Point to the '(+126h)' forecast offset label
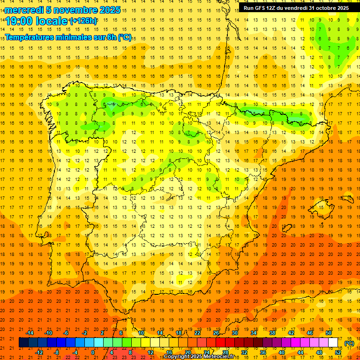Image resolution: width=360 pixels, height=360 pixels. (83, 21)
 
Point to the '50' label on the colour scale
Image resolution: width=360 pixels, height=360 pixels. (329, 333)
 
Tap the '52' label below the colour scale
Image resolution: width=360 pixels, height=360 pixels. (338, 352)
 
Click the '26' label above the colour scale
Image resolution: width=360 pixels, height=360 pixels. (216, 333)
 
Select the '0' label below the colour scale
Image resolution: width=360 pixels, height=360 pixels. (93, 352)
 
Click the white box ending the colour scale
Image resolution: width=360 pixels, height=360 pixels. (333, 343)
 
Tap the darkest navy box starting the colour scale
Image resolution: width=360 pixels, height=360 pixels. (23, 343)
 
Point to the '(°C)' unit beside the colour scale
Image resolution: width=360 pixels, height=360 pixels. (349, 343)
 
